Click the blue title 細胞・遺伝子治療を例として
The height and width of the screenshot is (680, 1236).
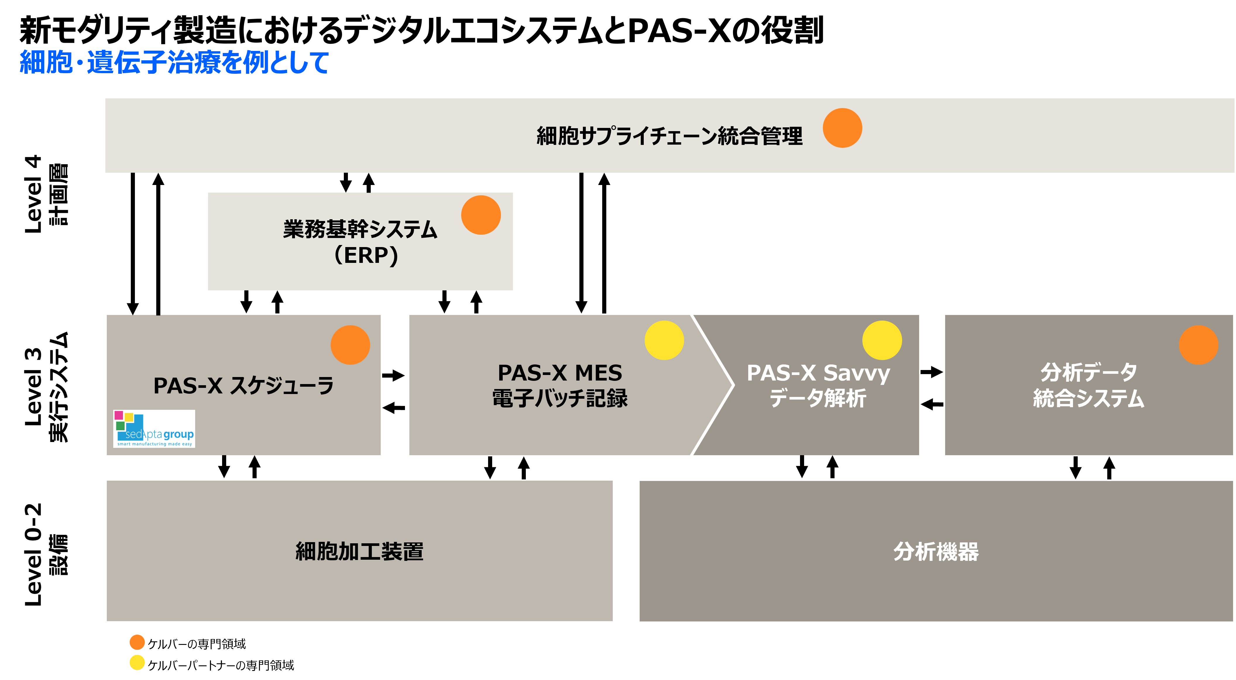[174, 62]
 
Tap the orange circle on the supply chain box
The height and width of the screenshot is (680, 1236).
[842, 128]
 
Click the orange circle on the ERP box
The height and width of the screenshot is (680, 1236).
[481, 215]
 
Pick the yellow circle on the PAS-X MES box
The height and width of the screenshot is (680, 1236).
[664, 340]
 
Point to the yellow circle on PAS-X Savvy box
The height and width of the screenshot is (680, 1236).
[882, 340]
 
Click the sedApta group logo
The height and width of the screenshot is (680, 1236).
[154, 429]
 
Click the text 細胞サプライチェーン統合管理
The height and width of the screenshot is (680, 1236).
[669, 136]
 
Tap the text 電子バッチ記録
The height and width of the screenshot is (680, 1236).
[560, 398]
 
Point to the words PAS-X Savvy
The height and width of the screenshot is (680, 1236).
[818, 373]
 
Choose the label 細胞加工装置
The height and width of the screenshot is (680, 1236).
[359, 551]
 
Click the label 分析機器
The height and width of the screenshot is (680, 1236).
[936, 551]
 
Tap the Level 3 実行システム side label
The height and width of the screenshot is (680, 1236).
[45, 386]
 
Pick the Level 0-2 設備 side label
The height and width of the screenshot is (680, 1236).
[45, 554]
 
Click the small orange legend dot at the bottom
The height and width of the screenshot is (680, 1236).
[137, 642]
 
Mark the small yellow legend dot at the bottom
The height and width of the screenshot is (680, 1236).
[137, 662]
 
